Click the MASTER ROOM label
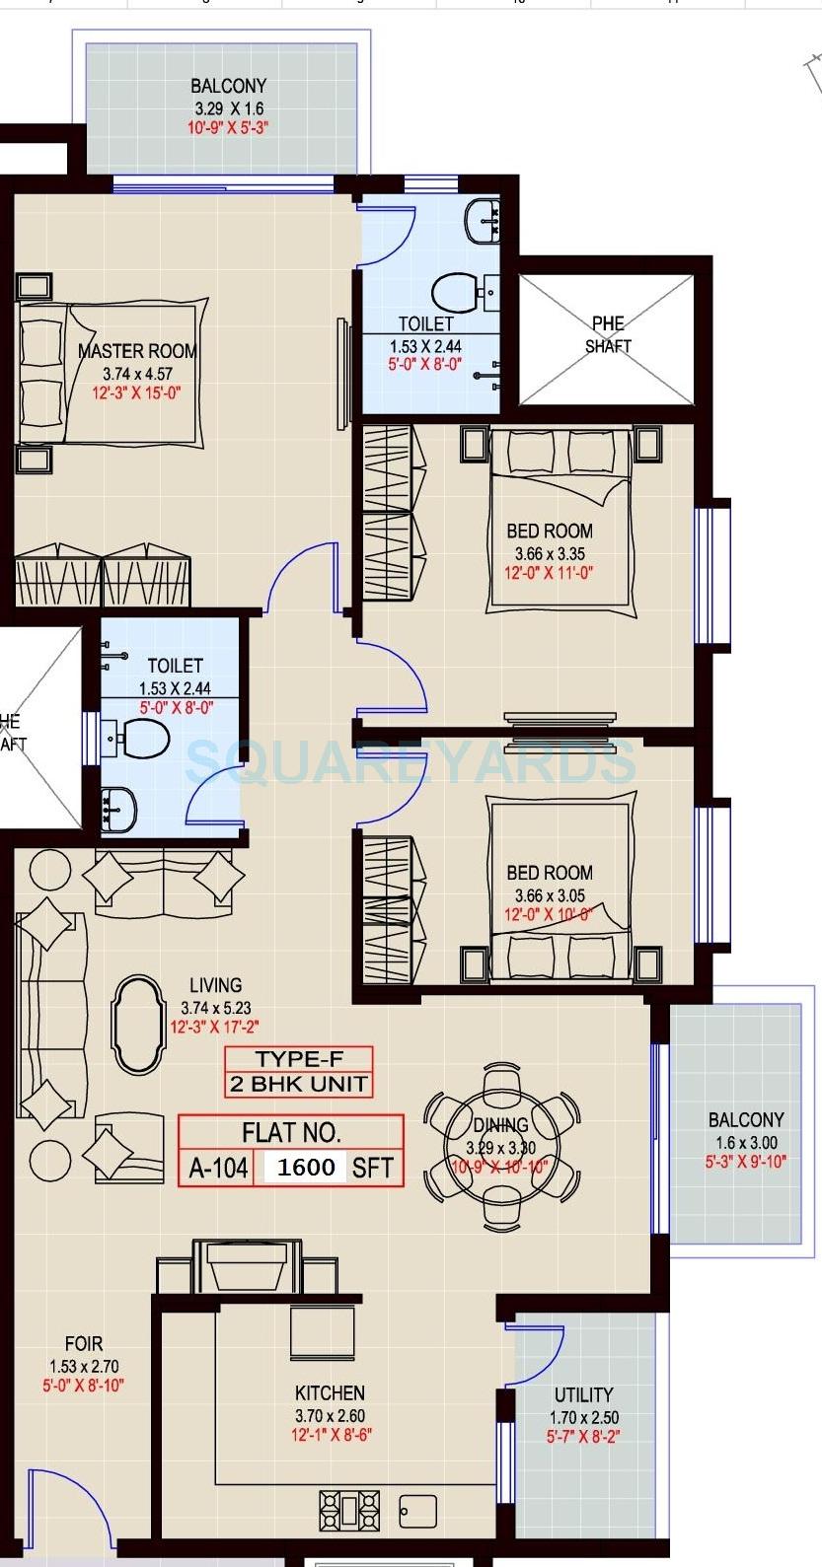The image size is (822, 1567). [137, 351]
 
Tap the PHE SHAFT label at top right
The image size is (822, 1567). [607, 334]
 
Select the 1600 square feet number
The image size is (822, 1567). [306, 1168]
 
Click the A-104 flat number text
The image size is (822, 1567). [218, 1169]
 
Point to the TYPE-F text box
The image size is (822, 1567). [299, 1060]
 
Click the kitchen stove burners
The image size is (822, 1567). [348, 1510]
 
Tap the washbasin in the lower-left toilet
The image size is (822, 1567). [120, 807]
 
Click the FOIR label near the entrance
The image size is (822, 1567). [83, 1343]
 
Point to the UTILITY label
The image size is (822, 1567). [583, 1394]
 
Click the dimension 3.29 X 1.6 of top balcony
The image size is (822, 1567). [228, 108]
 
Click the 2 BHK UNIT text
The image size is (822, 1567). [299, 1085]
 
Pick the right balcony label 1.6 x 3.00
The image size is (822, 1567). [746, 1143]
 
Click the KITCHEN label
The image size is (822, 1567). [330, 1392]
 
